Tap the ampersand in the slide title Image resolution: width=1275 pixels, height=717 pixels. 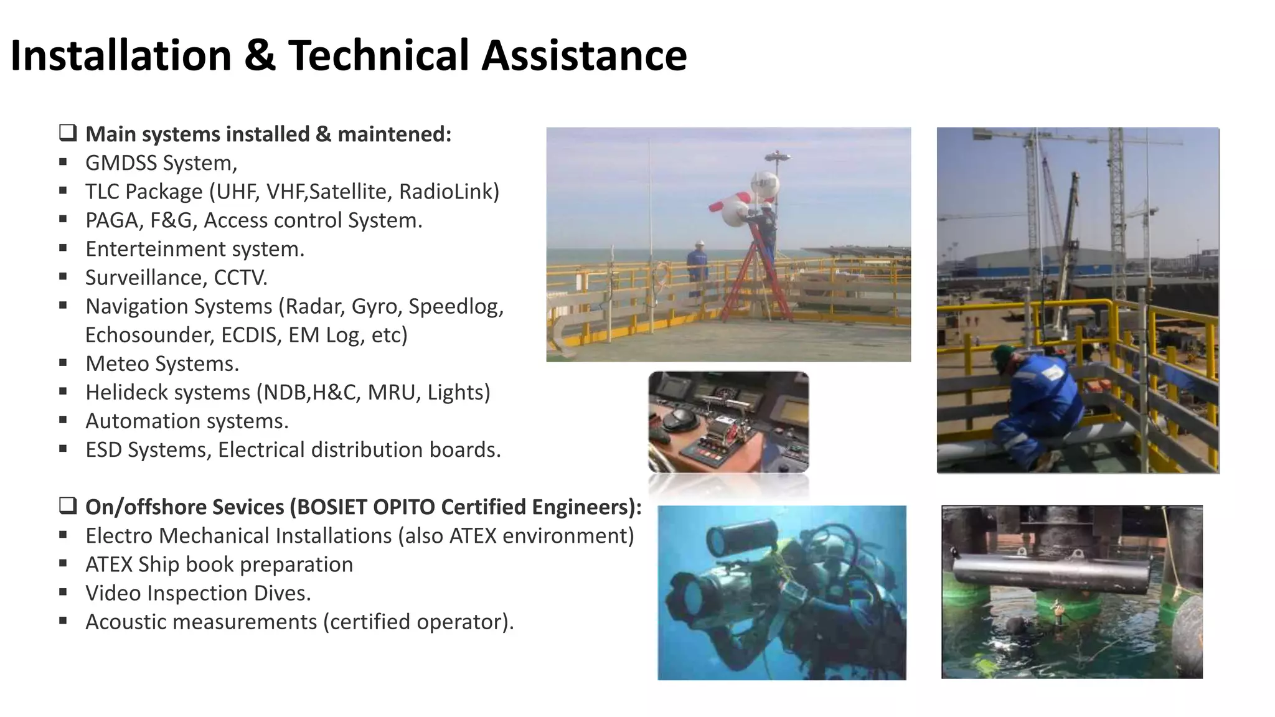click(x=260, y=56)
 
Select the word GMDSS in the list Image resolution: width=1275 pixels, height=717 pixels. click(x=121, y=163)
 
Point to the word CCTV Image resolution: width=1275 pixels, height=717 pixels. click(x=240, y=278)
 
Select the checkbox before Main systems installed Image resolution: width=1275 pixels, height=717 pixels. click(x=68, y=133)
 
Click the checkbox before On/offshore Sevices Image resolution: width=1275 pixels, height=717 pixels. click(x=68, y=506)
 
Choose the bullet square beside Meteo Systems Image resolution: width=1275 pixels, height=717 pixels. click(x=63, y=363)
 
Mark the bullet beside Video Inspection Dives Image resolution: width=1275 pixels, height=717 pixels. click(x=63, y=593)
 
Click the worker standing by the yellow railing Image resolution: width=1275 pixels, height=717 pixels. click(x=698, y=266)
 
